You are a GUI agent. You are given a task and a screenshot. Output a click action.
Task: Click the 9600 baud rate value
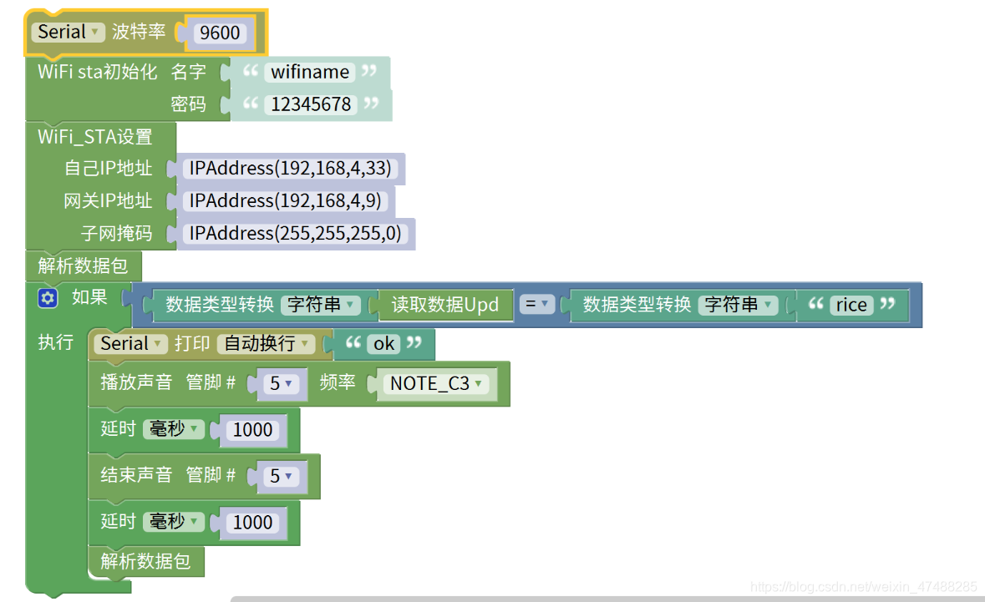[x=220, y=33]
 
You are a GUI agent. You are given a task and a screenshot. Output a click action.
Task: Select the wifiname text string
[x=309, y=72]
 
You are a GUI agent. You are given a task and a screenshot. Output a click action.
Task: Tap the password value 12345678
[x=311, y=104]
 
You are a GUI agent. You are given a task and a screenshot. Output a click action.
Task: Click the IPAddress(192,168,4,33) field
[x=289, y=168]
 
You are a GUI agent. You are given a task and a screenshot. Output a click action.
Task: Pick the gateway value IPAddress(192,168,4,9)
[x=284, y=200]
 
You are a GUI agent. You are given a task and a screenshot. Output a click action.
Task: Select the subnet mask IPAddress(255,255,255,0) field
[x=294, y=233]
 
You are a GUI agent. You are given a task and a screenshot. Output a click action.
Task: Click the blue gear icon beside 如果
[x=48, y=298]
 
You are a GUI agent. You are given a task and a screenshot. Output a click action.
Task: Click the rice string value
[x=850, y=305]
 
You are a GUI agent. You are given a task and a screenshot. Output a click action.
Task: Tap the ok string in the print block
[x=383, y=344]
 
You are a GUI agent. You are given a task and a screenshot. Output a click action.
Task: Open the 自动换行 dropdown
[x=265, y=343]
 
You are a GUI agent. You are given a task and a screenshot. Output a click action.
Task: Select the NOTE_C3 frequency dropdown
[x=436, y=384]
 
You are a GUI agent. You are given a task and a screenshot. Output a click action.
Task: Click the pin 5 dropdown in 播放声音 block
[x=281, y=384]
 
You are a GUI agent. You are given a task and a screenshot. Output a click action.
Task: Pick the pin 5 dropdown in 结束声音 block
[x=281, y=477]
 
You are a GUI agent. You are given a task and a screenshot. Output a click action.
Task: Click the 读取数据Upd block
[x=444, y=305]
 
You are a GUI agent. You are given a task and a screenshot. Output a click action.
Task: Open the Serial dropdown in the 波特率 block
[x=69, y=33]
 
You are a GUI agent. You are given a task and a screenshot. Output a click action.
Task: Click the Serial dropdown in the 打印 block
[x=130, y=343]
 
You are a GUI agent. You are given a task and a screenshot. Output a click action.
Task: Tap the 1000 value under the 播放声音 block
[x=252, y=430]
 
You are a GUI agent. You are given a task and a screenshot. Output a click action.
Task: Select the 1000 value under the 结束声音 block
[x=252, y=523]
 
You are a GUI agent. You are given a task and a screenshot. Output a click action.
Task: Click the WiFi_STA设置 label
[x=94, y=137]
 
